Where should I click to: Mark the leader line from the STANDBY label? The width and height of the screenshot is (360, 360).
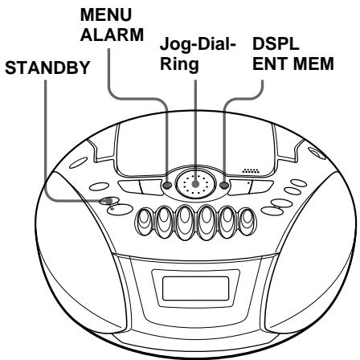[45, 145]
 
